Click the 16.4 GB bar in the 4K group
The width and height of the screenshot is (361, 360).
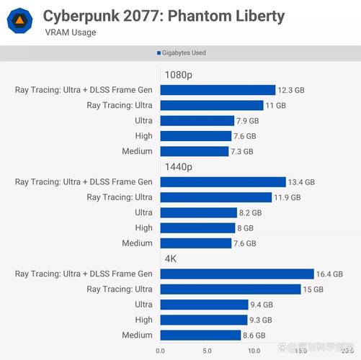[x=237, y=274]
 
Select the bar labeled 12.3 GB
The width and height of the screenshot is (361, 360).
[x=218, y=90]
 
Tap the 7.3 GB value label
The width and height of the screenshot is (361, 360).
[x=241, y=151]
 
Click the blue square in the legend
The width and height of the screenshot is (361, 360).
[x=159, y=53]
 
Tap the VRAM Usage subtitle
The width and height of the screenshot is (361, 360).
[x=70, y=33]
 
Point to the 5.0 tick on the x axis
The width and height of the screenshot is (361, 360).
[x=207, y=351]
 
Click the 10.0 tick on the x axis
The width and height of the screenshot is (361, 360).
[x=254, y=351]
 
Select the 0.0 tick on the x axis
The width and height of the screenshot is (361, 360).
[x=160, y=351]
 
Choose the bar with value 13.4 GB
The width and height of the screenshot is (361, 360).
[x=223, y=182]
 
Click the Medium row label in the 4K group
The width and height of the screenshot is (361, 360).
[x=137, y=335]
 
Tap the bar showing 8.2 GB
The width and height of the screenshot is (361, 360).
[x=198, y=212]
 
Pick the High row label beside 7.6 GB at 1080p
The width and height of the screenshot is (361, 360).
[x=143, y=136]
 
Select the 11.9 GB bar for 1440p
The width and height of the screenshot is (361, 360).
[x=215, y=197]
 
